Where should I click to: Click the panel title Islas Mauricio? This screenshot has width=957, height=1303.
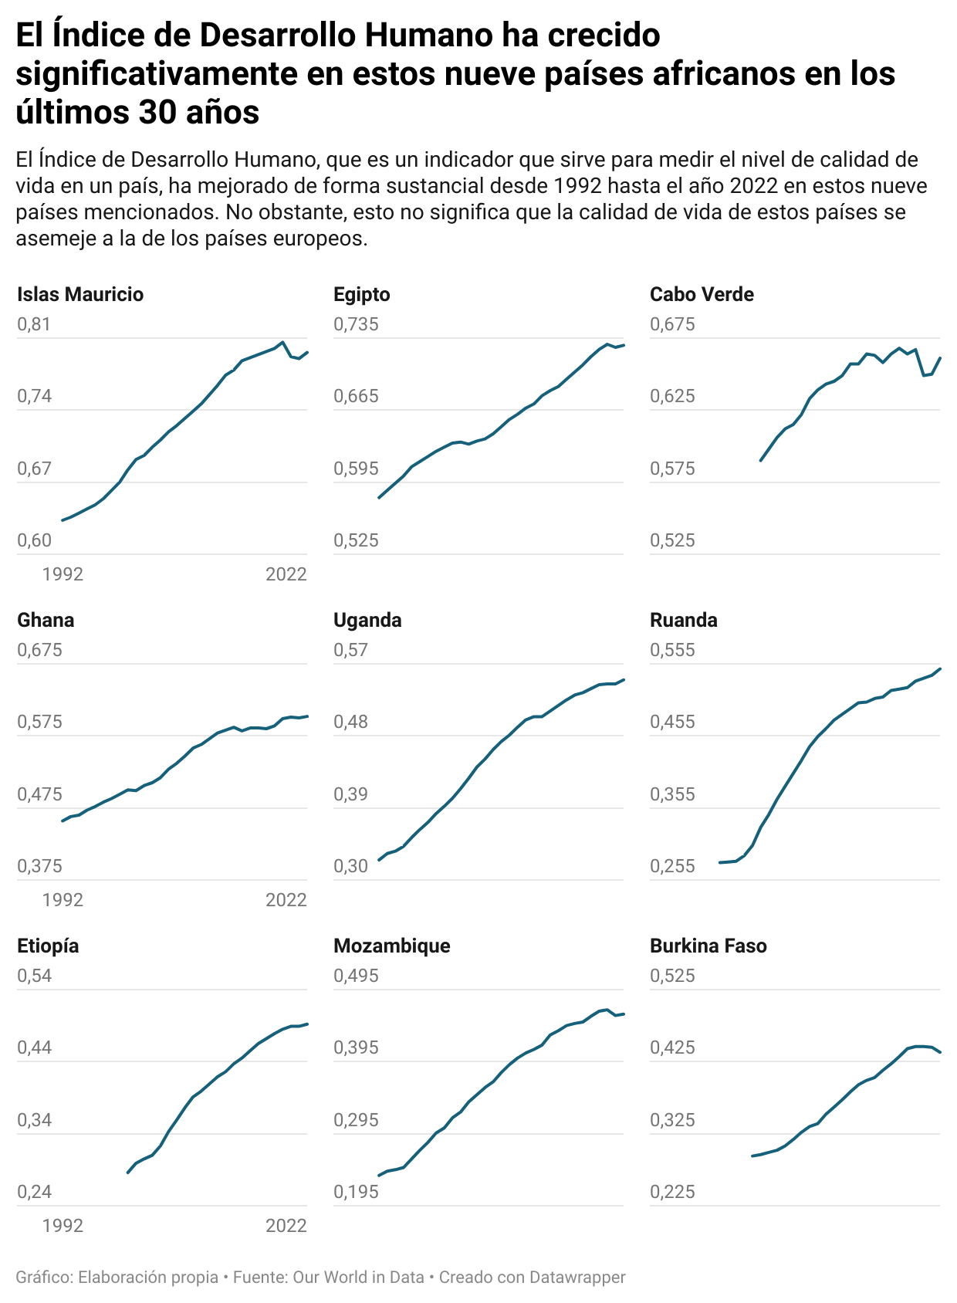[80, 294]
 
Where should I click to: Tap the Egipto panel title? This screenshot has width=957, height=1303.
[362, 294]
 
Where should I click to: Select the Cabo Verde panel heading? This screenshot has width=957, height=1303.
[702, 294]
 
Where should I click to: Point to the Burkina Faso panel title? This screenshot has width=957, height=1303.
[708, 946]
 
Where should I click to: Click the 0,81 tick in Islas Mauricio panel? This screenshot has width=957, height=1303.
[34, 324]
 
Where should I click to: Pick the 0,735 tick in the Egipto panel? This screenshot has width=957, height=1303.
[356, 324]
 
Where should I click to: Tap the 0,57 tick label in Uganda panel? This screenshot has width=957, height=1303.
[350, 650]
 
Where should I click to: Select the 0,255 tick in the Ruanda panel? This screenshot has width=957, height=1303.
[672, 866]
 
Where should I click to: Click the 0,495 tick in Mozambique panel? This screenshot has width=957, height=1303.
[356, 976]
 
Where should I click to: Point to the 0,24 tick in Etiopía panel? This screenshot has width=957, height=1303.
[34, 1192]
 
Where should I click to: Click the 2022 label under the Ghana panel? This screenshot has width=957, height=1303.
[286, 900]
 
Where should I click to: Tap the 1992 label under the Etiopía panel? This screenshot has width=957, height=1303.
[63, 1226]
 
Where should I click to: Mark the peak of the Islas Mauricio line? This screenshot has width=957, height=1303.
[282, 342]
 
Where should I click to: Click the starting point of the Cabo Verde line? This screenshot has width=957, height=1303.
[761, 460]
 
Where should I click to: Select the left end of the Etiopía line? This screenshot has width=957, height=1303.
[128, 1173]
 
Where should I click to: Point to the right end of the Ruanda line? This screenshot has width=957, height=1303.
[940, 668]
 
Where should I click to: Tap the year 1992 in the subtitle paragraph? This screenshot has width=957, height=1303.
[575, 186]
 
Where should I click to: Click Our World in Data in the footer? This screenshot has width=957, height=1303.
[358, 1278]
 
